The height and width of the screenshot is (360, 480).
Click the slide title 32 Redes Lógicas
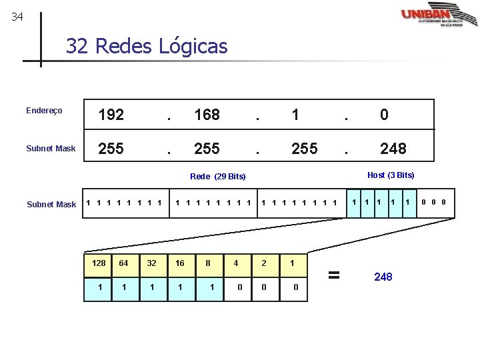pyautogui.click(x=146, y=46)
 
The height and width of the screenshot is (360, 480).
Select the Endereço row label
pyautogui.click(x=44, y=111)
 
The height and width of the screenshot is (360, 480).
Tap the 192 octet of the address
pyautogui.click(x=111, y=115)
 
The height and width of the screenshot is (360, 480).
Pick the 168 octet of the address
pyautogui.click(x=207, y=115)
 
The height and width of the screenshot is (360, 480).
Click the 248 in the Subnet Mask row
pyautogui.click(x=393, y=148)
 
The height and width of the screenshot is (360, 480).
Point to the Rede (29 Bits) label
pyautogui.click(x=217, y=177)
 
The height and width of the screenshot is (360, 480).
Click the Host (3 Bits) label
pyautogui.click(x=391, y=175)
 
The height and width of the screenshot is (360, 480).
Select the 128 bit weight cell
pyautogui.click(x=99, y=263)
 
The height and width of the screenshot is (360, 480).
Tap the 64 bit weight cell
pyautogui.click(x=123, y=263)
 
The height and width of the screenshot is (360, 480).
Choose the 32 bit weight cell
pyautogui.click(x=151, y=263)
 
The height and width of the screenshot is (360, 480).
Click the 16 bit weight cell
pyautogui.click(x=180, y=263)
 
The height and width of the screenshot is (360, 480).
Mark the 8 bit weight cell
pyautogui.click(x=208, y=263)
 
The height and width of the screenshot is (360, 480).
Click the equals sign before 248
pyautogui.click(x=335, y=274)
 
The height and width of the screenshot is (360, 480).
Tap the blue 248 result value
pyautogui.click(x=383, y=276)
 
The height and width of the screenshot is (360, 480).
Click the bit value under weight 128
pyautogui.click(x=99, y=287)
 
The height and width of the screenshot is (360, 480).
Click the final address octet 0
pyautogui.click(x=384, y=115)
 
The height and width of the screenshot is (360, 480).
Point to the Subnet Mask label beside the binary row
pyautogui.click(x=51, y=205)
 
